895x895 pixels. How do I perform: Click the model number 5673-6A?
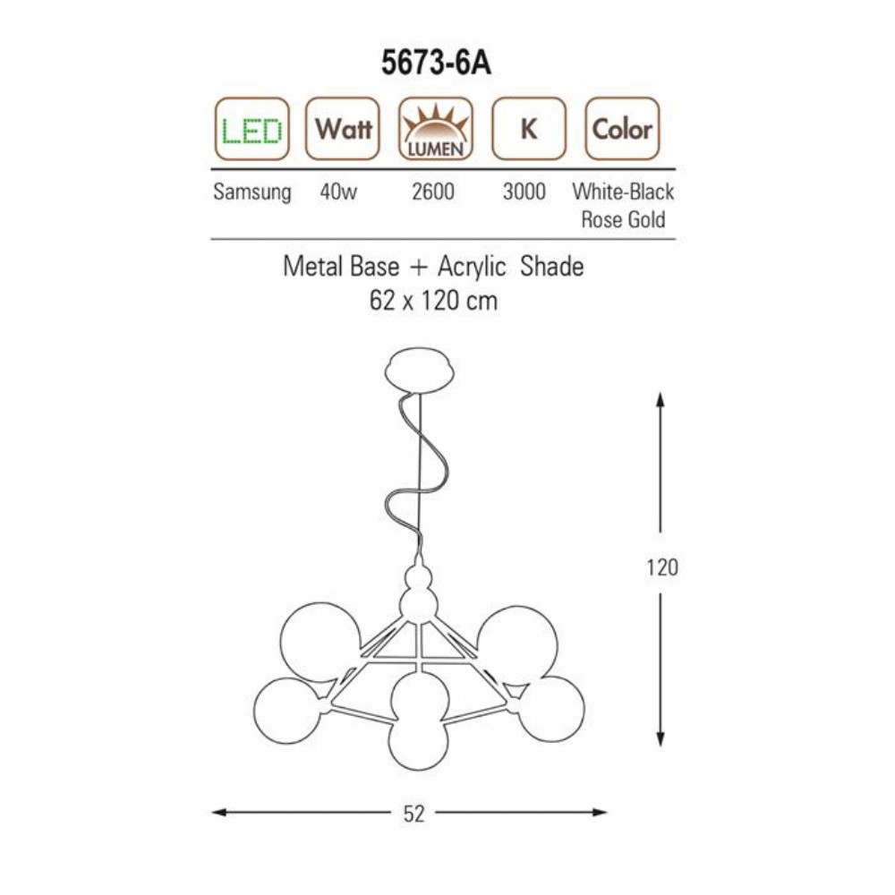coord(436,63)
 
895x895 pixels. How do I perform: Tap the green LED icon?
coord(252,129)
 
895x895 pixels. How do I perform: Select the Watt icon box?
coord(343,129)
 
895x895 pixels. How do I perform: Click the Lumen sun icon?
coord(436,129)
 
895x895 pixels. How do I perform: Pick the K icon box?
coord(529,129)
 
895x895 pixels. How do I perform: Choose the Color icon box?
coord(622,129)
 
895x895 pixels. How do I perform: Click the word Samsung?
coord(251,192)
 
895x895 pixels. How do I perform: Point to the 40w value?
coord(338,192)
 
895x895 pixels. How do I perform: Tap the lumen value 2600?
coord(433,192)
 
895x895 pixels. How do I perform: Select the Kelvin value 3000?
coord(524,192)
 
